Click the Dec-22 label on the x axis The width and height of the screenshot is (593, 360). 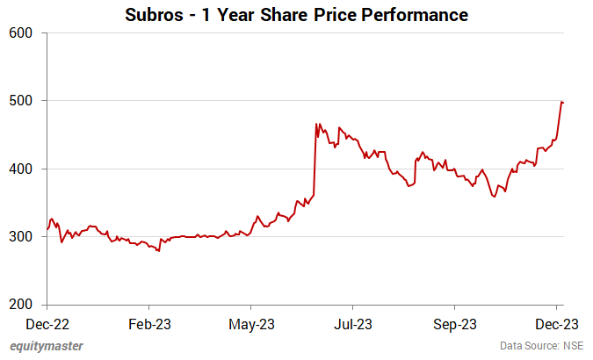47,322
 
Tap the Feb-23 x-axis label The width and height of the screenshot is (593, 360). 148,322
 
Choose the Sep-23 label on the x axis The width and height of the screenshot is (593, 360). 454,322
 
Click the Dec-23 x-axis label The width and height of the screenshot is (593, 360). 558,322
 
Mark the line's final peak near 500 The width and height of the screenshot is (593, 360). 561,102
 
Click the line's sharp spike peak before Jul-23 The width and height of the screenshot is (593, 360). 316,125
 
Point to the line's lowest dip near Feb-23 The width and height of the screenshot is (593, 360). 158,251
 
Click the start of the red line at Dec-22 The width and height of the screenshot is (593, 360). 47,229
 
